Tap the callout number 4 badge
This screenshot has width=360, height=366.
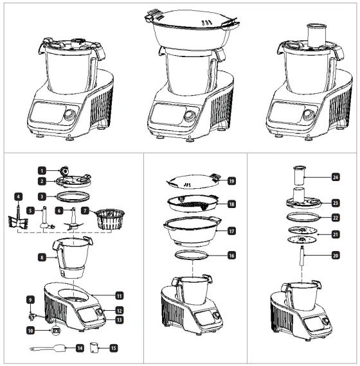pos(19,195)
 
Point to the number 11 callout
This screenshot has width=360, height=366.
pos(119,295)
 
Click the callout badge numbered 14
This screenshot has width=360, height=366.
pos(80,348)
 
